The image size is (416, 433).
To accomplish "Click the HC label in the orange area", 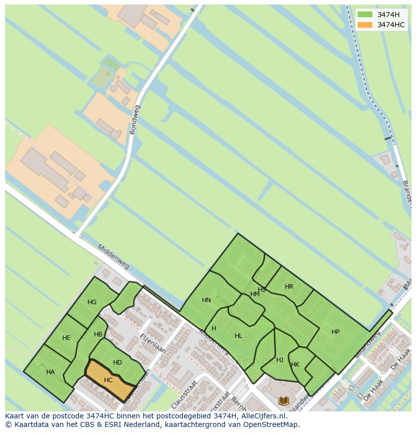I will pos(108,380).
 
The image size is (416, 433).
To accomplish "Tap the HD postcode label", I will pos(118,363).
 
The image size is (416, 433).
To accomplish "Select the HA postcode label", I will pos(50,372).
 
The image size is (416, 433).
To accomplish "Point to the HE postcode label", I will pos(66,338).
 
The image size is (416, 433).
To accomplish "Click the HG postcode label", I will pos(92,302).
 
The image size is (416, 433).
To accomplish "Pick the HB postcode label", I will pos(98,334).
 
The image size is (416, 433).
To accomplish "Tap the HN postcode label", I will pos(206,300).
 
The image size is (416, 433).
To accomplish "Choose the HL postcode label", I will pos(239,336).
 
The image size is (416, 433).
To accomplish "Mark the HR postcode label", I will pos(289,287).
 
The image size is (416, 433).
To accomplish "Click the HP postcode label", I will pos(336,332).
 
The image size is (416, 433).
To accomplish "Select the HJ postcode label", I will pos(280,360).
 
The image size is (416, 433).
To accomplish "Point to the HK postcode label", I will pos(295,365).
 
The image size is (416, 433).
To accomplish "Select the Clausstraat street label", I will pos(182,398).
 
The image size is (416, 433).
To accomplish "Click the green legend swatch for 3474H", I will pos(365,15).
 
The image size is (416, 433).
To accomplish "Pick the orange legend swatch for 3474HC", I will pos(365,25).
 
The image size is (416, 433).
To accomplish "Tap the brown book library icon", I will pos(284,401).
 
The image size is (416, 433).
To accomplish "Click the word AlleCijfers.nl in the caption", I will pos(263,416).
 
